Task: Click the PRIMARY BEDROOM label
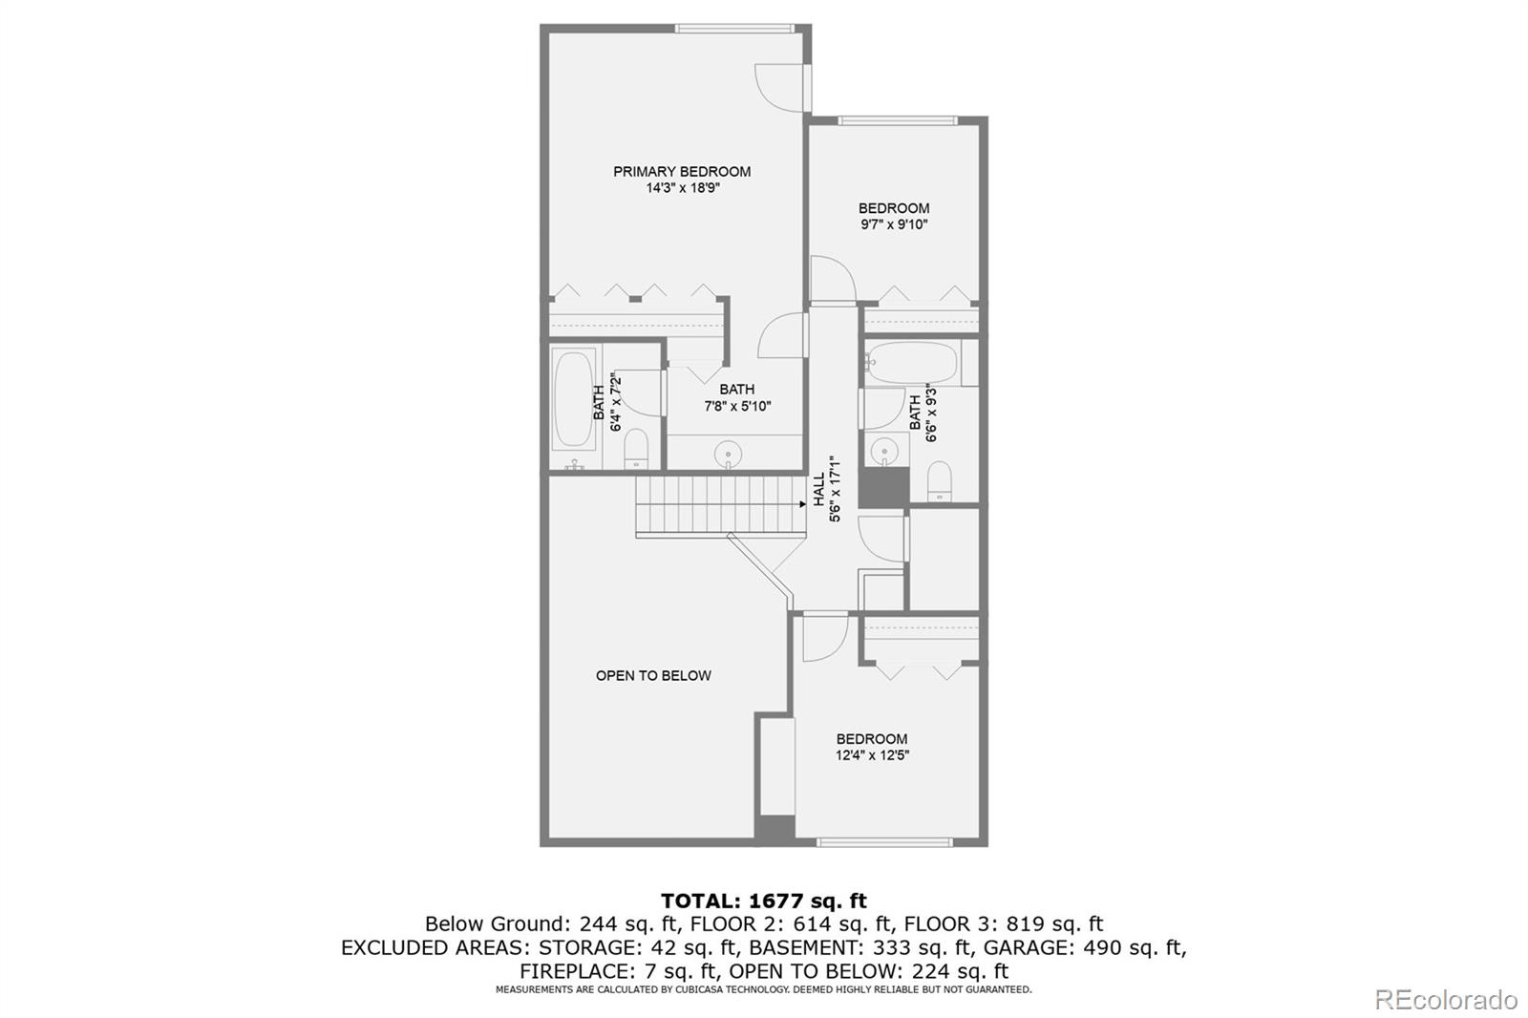click(682, 171)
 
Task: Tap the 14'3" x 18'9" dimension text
click(683, 187)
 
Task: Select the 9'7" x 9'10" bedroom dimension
click(894, 224)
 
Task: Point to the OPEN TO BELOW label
click(653, 675)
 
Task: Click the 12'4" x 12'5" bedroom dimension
click(873, 755)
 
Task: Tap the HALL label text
click(819, 490)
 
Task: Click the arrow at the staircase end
click(803, 504)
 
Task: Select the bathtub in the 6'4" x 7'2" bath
click(573, 399)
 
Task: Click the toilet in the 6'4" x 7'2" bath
click(636, 448)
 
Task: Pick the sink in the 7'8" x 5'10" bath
click(728, 454)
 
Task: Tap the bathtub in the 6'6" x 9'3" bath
click(911, 362)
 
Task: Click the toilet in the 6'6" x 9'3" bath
click(940, 481)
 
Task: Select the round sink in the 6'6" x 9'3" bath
click(884, 451)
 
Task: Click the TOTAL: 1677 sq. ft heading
click(764, 901)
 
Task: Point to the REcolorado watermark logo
click(1445, 1000)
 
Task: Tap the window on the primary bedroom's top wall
click(734, 29)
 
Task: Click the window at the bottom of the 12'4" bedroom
click(884, 842)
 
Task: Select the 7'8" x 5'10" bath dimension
click(737, 407)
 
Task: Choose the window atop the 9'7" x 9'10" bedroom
click(898, 120)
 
